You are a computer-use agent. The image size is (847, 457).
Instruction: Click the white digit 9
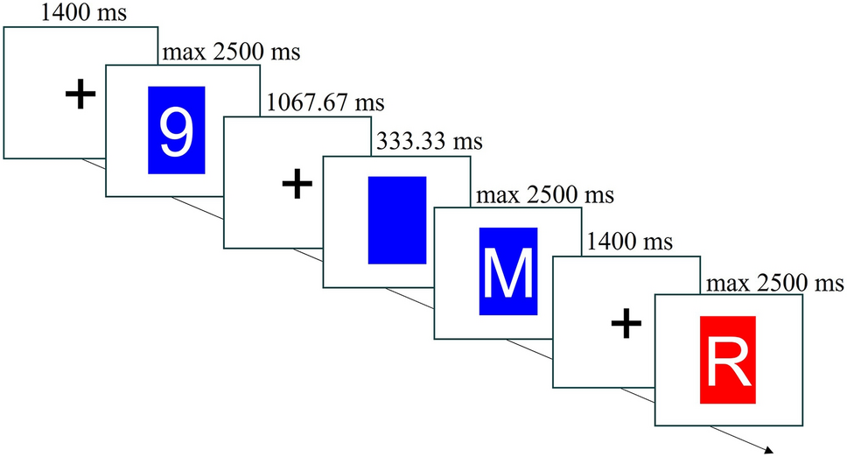tap(177, 130)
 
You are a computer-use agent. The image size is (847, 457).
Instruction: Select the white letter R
tap(728, 361)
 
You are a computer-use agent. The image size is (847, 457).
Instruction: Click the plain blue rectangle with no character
tap(396, 220)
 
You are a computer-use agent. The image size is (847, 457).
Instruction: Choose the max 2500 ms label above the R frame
tap(773, 283)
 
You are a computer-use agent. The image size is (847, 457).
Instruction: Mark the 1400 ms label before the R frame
tap(629, 239)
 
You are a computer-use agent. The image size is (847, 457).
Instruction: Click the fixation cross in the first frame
tap(80, 94)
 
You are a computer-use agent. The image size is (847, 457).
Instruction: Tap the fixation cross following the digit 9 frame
tap(297, 184)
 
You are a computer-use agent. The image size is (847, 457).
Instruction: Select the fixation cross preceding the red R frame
tap(625, 326)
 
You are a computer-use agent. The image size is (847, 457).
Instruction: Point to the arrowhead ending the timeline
tap(770, 452)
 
